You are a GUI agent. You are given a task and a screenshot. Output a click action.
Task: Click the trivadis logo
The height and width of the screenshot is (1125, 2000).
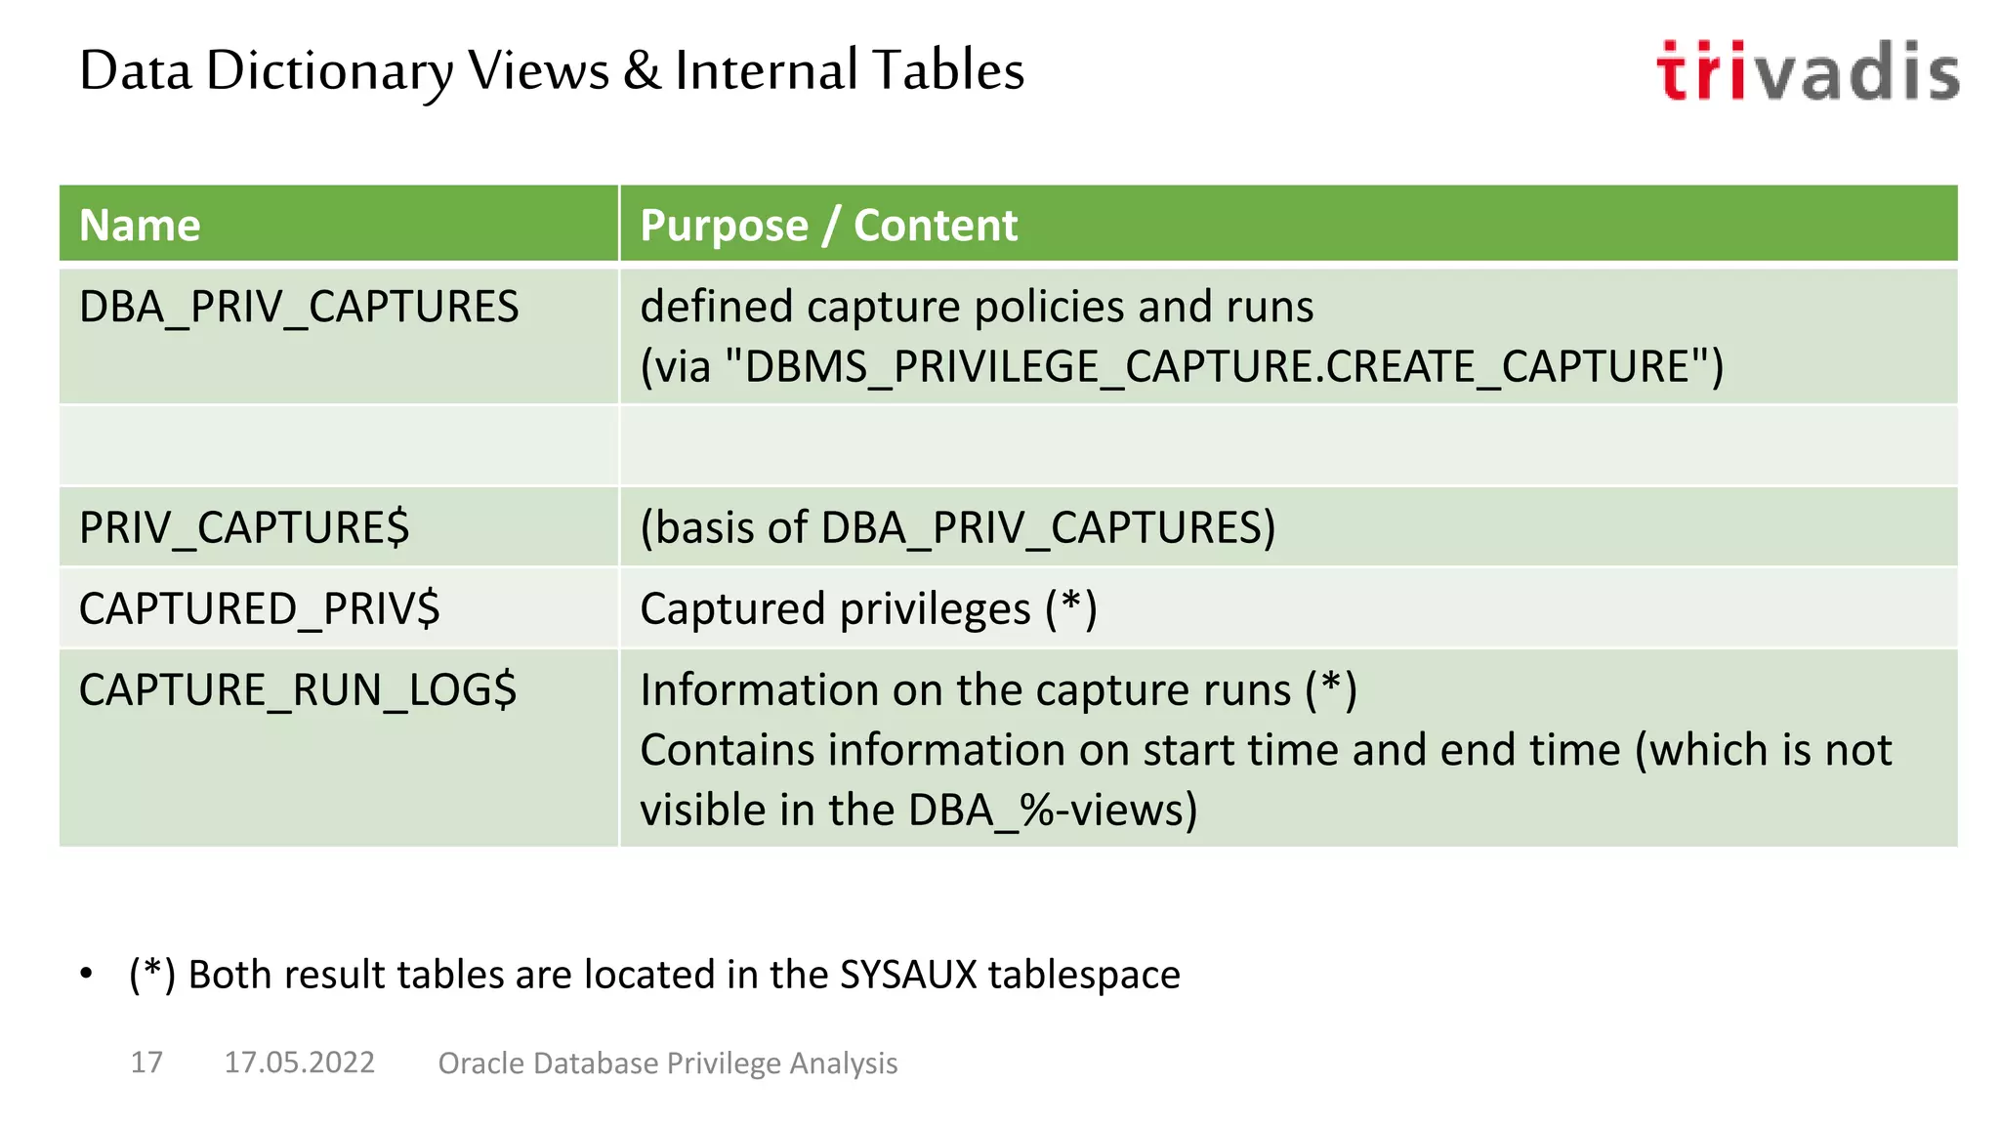click(1808, 71)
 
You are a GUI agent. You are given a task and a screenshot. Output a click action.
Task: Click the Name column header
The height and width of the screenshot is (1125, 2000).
click(140, 226)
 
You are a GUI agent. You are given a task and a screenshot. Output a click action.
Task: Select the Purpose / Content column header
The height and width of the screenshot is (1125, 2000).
click(828, 226)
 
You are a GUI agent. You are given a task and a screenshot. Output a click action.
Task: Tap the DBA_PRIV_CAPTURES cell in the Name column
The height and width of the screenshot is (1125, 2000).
click(299, 308)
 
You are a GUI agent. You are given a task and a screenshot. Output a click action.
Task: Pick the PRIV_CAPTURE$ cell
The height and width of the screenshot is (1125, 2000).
click(244, 528)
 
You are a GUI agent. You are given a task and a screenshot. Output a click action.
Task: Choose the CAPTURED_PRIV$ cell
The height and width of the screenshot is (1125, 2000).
click(260, 609)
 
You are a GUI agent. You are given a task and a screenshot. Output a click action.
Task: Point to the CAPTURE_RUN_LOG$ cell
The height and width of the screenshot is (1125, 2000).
click(298, 690)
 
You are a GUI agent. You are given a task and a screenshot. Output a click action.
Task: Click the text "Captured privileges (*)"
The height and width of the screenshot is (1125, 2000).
click(868, 609)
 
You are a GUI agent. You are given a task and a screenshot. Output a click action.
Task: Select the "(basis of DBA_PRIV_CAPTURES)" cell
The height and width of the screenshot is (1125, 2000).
click(957, 528)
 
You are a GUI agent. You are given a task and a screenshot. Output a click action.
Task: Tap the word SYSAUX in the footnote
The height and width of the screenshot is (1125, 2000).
click(908, 975)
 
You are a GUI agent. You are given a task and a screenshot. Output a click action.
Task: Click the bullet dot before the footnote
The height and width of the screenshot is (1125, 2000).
click(87, 974)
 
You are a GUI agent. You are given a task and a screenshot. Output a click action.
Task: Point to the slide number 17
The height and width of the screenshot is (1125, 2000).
click(146, 1062)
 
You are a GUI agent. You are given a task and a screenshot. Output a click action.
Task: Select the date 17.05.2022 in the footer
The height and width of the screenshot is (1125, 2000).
click(299, 1062)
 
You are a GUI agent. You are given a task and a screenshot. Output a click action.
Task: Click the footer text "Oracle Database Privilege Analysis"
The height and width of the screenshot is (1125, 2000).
click(667, 1063)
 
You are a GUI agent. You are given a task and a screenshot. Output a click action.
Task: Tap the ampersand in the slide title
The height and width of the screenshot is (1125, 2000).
click(642, 71)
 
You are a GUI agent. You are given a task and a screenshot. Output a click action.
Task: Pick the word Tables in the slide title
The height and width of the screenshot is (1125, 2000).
click(947, 71)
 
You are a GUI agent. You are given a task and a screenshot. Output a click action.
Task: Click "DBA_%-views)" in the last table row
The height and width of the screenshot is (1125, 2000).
click(1053, 811)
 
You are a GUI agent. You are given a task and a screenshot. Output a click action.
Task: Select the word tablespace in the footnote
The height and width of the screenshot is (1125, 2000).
click(1084, 975)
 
